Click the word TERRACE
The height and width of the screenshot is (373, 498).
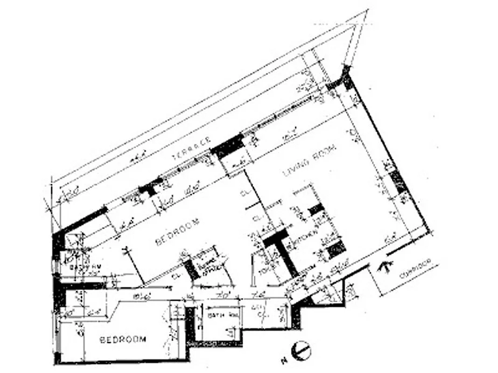pyautogui.click(x=192, y=147)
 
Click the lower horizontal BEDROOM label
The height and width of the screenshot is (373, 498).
pyautogui.click(x=123, y=339)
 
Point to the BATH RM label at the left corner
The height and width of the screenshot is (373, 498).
pyautogui.click(x=84, y=267)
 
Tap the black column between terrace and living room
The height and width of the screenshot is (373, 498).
pyautogui.click(x=228, y=144)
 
